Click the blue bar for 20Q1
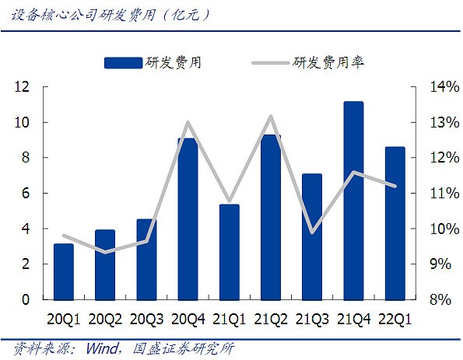(x=64, y=272)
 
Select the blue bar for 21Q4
(x=354, y=201)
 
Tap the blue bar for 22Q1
(x=395, y=223)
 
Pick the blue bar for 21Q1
(x=230, y=252)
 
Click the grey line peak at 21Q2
(x=271, y=117)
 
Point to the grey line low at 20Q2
(x=105, y=252)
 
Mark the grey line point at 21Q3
(x=312, y=232)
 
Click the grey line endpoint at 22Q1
(x=395, y=186)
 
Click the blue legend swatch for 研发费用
(x=124, y=63)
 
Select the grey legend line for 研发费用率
(x=270, y=63)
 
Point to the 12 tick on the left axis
(x=22, y=87)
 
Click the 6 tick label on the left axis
(x=26, y=194)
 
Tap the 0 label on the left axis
(x=26, y=299)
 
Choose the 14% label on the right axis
(x=444, y=87)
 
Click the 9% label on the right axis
(x=440, y=264)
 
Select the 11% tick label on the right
(x=444, y=194)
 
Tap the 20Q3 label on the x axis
(x=146, y=320)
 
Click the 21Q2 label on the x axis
(x=271, y=320)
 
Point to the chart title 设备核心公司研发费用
(x=83, y=15)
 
